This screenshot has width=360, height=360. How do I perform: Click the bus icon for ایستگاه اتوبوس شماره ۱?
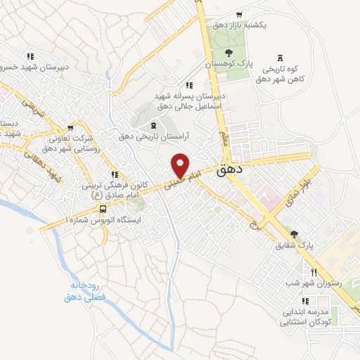[103, 209]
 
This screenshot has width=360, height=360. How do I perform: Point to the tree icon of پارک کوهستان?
[228, 52]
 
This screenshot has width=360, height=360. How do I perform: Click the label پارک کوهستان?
[228, 63]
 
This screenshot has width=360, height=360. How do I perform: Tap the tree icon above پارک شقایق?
[294, 235]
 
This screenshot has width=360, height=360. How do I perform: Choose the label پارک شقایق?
[294, 246]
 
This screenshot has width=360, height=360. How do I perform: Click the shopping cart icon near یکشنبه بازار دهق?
[240, 14]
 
